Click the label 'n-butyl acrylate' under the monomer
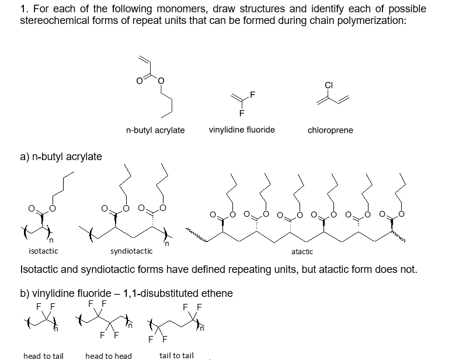click(x=155, y=130)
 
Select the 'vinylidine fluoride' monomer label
click(x=241, y=130)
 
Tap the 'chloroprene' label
click(x=330, y=130)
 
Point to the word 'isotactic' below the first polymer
click(x=43, y=251)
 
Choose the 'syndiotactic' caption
click(x=131, y=251)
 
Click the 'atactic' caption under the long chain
click(x=302, y=252)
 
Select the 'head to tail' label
click(x=43, y=355)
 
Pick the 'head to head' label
click(x=109, y=355)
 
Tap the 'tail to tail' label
click(x=176, y=355)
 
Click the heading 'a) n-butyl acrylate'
click(x=61, y=157)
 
